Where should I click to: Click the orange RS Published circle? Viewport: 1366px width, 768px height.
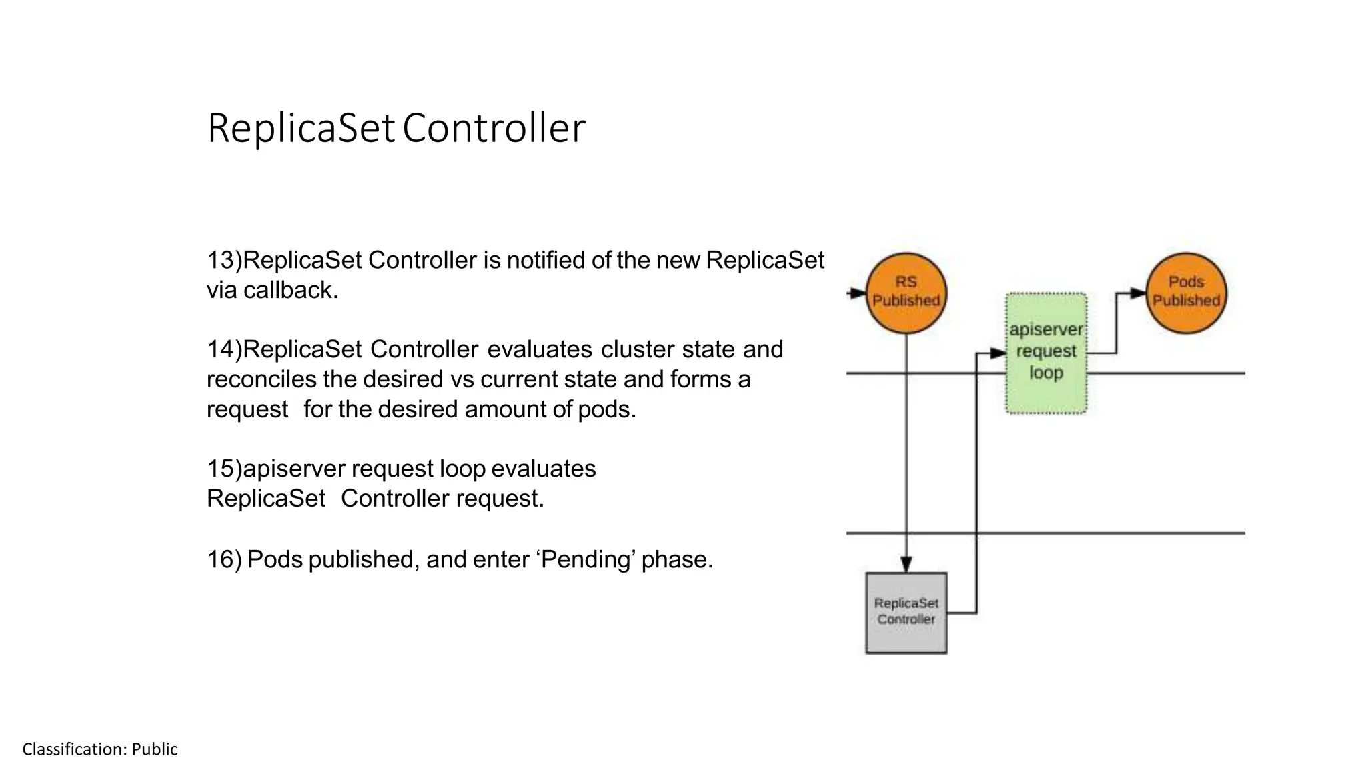906,293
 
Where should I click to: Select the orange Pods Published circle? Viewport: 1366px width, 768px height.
1186,293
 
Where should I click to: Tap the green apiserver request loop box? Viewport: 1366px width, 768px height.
1046,353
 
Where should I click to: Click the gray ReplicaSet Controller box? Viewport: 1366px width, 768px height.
906,613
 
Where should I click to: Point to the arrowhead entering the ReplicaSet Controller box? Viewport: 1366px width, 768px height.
906,565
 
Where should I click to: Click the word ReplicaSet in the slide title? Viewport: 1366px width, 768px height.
301,128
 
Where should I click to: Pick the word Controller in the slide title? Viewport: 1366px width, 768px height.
494,128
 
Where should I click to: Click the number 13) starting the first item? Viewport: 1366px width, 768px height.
224,260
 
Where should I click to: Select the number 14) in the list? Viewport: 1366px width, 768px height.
224,349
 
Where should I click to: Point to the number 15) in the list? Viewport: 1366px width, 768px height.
224,469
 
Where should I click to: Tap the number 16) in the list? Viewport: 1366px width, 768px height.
224,559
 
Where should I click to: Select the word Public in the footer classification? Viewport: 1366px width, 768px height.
155,749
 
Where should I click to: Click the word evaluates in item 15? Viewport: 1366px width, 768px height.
544,469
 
